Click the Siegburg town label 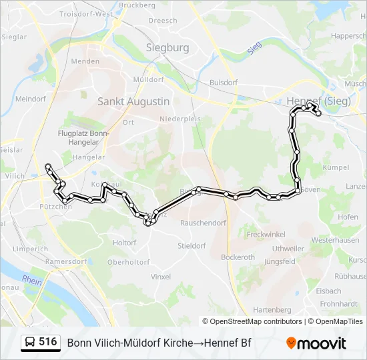(167, 48)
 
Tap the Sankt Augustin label (133, 101)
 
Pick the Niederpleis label (177, 119)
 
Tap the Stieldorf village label (192, 245)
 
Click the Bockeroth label (238, 257)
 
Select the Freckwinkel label (266, 235)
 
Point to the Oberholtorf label (129, 262)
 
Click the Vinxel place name (161, 276)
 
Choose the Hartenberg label (272, 310)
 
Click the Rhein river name (31, 281)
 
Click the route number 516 (48, 342)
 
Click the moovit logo (316, 343)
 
